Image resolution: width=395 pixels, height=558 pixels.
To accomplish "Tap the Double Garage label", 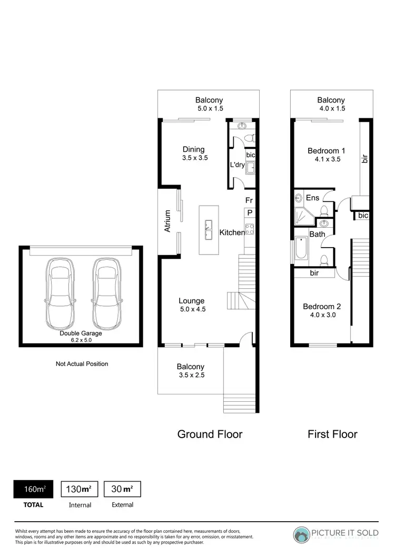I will [81, 333].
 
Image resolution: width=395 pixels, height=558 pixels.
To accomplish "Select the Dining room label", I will [193, 149].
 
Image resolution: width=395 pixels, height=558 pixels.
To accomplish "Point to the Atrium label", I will [168, 221].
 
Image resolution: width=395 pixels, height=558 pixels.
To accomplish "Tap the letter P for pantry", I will [250, 212].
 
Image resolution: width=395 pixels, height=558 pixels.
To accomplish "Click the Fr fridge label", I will [249, 200].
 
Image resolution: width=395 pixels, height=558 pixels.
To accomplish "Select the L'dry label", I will [236, 165].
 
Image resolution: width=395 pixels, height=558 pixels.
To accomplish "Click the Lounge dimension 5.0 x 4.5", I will [193, 309].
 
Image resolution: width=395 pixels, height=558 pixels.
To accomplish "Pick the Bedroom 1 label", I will [326, 151].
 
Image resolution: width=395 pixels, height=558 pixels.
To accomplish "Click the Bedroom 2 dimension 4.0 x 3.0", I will [323, 315].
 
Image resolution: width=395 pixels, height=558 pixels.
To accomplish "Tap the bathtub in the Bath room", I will [301, 248].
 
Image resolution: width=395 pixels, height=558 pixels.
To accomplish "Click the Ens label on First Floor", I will [312, 198].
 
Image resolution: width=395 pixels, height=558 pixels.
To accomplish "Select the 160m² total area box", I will [35, 489].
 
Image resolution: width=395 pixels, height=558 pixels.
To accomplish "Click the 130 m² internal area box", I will [80, 489].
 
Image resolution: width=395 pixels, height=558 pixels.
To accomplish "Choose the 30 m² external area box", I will [122, 489].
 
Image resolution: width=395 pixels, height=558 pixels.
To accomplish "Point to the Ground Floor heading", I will [210, 434].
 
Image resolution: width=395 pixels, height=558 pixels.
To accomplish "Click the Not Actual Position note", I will [82, 363].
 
